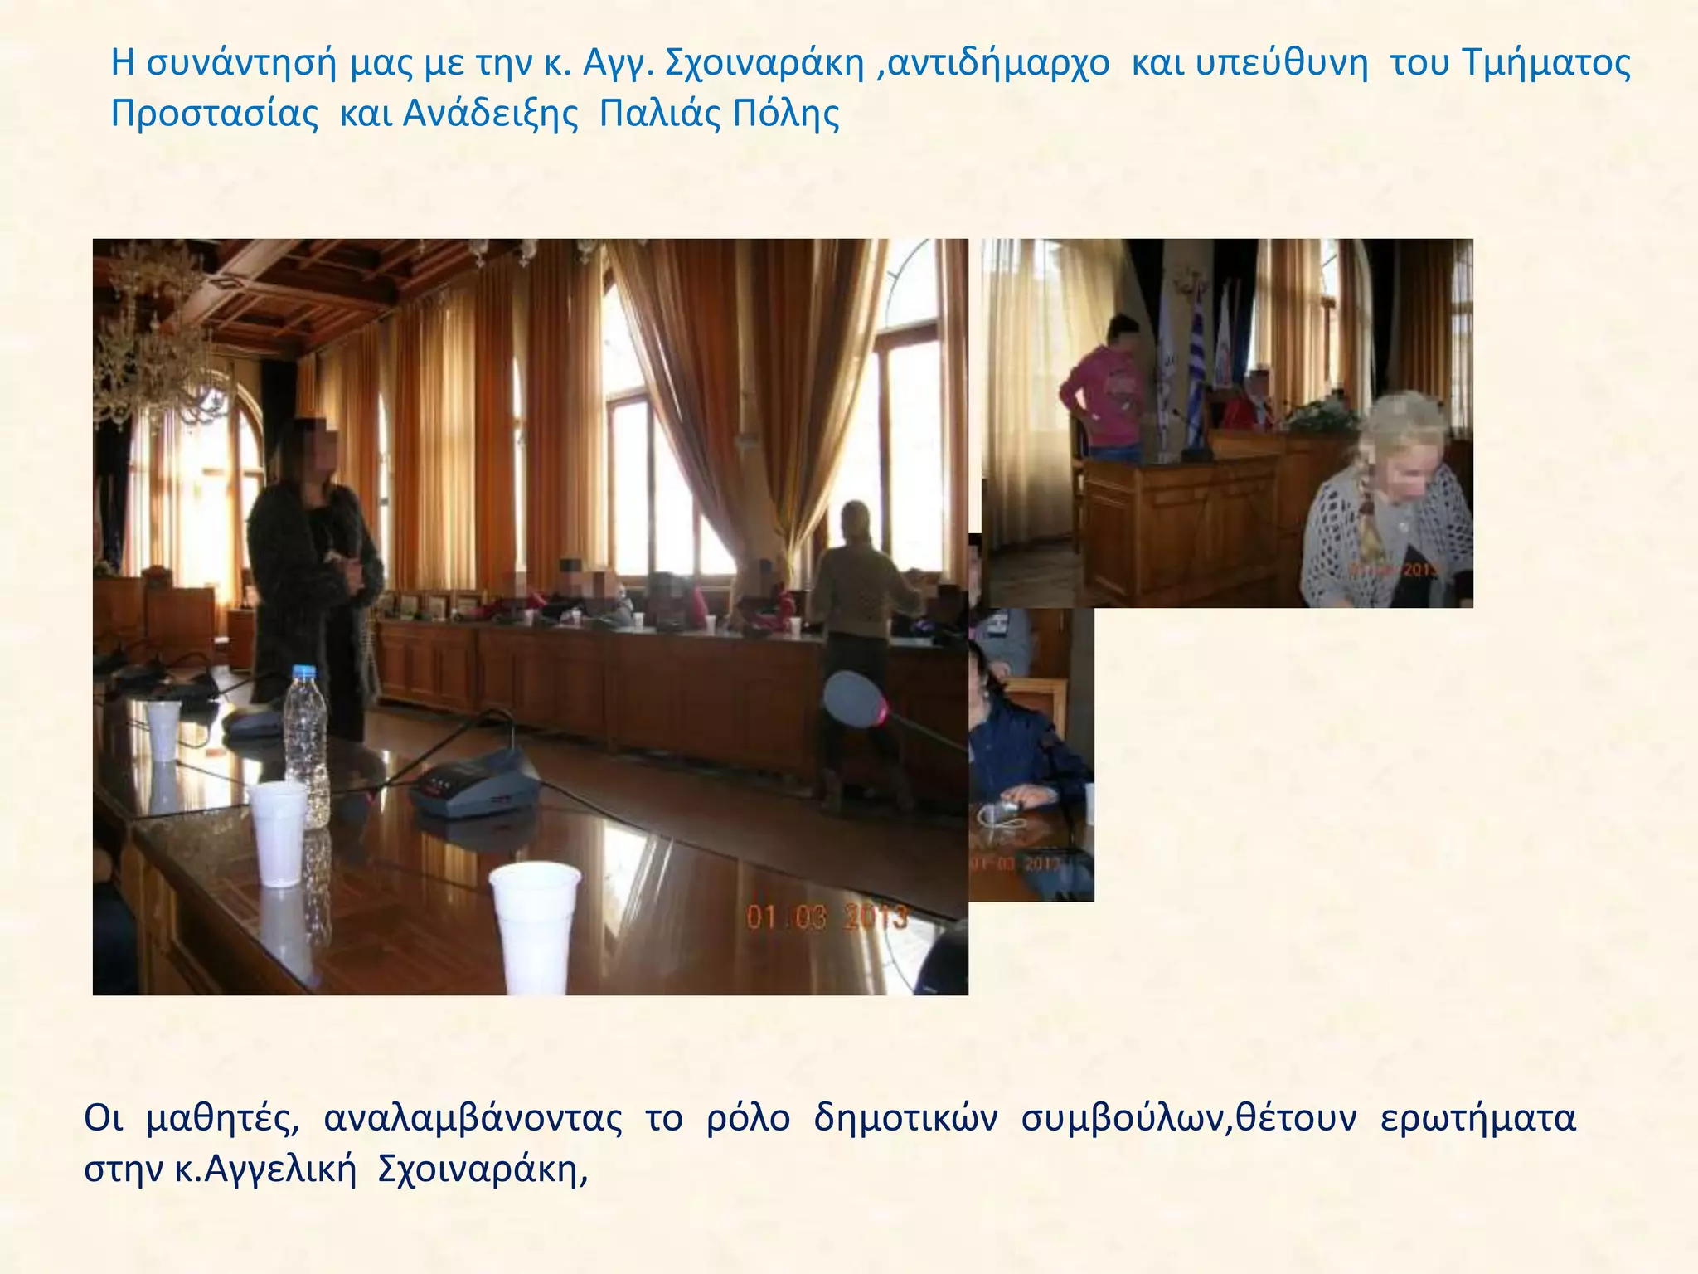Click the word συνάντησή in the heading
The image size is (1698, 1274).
[x=240, y=64]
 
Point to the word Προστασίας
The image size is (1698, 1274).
[x=215, y=114]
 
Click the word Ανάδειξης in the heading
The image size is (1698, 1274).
[x=490, y=114]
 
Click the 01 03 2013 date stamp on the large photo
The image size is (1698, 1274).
[x=827, y=917]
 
